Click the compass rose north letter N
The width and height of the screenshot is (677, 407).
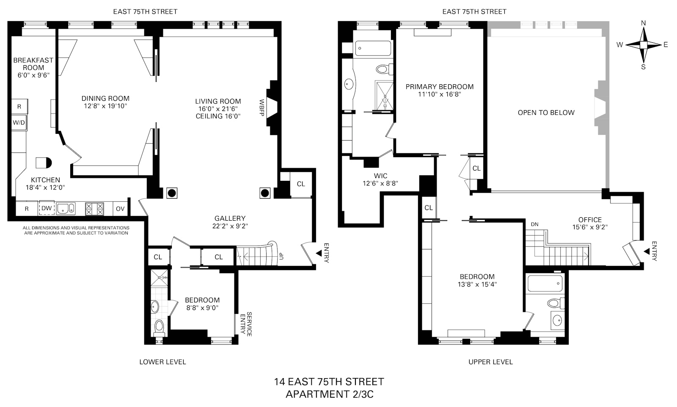click(643, 23)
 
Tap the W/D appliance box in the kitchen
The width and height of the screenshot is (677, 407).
click(19, 123)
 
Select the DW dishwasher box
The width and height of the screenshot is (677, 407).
click(47, 208)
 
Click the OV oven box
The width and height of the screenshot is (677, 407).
click(120, 208)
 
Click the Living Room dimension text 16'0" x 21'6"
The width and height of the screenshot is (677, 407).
click(218, 109)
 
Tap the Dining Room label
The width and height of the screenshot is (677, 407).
click(105, 98)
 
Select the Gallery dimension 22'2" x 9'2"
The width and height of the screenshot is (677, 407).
click(230, 226)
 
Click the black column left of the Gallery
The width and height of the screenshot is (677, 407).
click(172, 193)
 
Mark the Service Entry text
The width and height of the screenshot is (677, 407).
click(246, 324)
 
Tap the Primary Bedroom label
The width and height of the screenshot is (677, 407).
click(439, 87)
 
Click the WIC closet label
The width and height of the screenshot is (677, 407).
click(380, 176)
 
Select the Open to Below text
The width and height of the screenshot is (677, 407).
click(546, 113)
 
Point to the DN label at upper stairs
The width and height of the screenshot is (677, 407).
click(534, 224)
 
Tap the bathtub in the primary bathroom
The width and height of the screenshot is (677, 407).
click(373, 48)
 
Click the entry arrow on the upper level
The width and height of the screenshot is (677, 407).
click(647, 252)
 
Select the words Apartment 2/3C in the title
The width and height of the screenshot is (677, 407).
click(329, 394)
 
